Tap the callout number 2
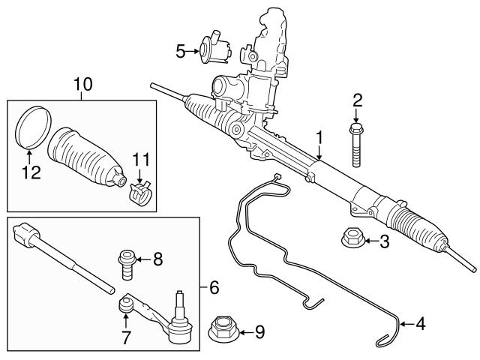(x=358, y=100)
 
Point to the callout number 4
(x=420, y=325)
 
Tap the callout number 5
(x=180, y=51)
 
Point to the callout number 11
(x=141, y=160)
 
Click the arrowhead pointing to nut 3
(x=370, y=241)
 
